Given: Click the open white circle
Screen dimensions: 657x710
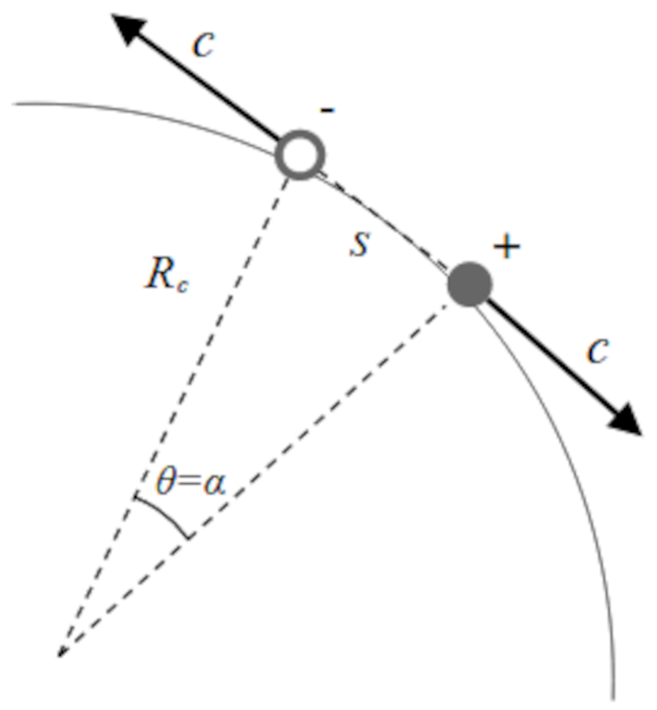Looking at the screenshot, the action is pos(300,155).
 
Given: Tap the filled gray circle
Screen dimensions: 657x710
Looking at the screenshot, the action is pos(469,284).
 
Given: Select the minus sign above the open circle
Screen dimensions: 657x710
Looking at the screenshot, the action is pos(328,110).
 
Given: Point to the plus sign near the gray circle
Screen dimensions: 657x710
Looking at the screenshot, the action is pos(506,248).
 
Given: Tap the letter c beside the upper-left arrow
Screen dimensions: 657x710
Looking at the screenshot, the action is pos(203,44).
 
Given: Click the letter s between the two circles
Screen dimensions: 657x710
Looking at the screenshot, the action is pos(359,244).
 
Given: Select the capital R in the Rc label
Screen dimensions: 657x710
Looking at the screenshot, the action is pos(159,275).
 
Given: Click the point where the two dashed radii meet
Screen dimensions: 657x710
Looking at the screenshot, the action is pos(59,656).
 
